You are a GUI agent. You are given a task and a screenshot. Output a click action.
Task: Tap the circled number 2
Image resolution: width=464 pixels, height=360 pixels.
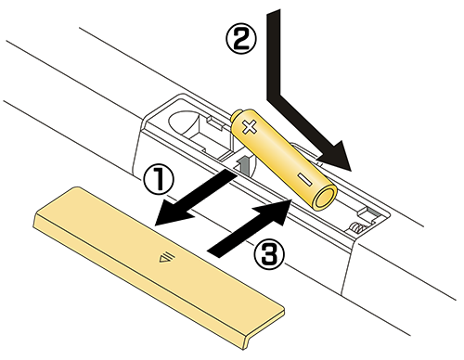pos(241,39)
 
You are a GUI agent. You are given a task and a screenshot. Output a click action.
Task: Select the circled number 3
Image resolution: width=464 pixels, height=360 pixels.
pos(268,255)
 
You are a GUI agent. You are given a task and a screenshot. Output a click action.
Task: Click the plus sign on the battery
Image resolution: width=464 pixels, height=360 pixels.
pos(250,127)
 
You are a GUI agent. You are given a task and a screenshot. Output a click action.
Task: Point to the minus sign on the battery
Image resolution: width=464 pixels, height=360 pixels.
pos(305,180)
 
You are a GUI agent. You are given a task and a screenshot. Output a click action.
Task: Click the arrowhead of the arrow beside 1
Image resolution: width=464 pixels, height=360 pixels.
pos(174,212)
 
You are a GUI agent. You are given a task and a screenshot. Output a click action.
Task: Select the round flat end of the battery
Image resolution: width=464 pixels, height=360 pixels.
pos(324,198)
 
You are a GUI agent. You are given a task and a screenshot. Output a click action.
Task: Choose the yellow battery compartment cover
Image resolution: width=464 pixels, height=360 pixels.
pos(159,267)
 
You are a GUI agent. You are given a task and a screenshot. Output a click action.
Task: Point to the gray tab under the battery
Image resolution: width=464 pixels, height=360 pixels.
pos(243,164)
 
